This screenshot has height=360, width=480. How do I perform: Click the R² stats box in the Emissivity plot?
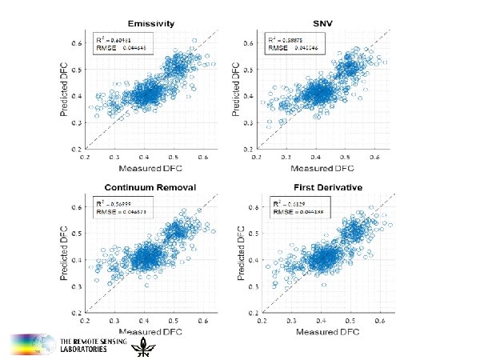116,44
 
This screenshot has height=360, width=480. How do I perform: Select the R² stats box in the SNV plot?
288,44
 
